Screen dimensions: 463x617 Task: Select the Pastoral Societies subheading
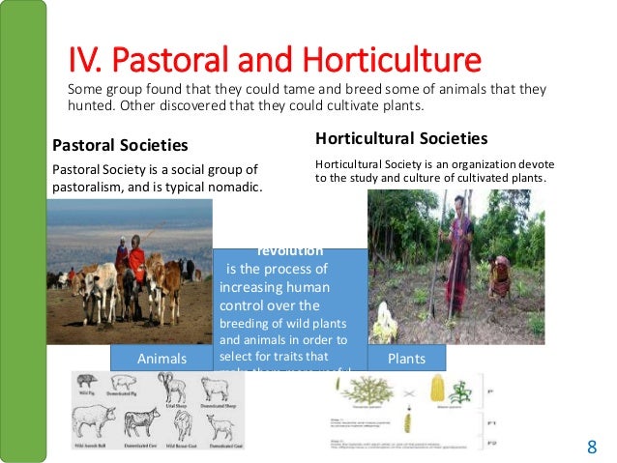(x=119, y=146)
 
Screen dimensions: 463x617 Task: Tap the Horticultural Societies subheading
(x=401, y=138)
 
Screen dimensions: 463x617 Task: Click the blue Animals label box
(x=161, y=358)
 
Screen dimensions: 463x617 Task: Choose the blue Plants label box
(x=406, y=358)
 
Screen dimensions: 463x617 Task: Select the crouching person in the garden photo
(x=499, y=275)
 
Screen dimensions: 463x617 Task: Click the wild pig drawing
(x=87, y=385)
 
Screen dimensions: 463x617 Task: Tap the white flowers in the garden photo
(x=386, y=324)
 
